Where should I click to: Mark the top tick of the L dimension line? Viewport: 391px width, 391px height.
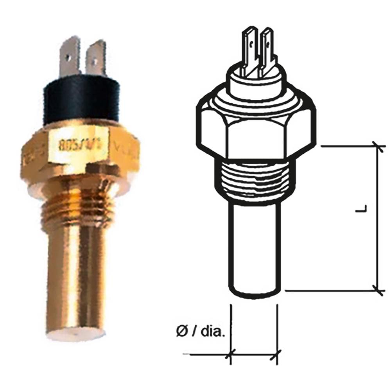(x=378, y=146)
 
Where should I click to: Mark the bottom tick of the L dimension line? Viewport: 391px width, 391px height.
(x=378, y=291)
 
